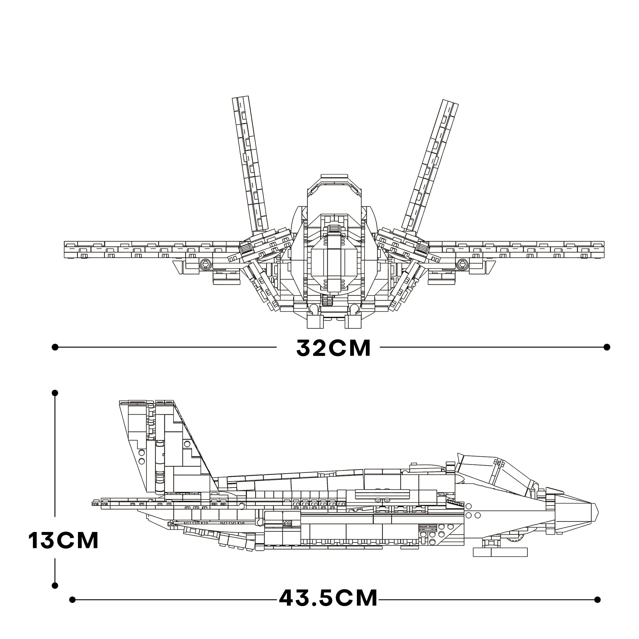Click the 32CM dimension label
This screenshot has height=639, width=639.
coord(333,348)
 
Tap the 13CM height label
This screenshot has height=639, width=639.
coord(64,541)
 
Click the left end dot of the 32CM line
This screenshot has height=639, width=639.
coord(55,347)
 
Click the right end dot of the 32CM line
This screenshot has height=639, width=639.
coord(607,347)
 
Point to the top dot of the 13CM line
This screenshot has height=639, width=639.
coord(55,393)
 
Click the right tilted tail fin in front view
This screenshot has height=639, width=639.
coord(430,166)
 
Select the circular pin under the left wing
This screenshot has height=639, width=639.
coord(205,264)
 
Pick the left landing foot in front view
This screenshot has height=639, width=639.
coord(315,321)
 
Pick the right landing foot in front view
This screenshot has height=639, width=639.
coord(353,321)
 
